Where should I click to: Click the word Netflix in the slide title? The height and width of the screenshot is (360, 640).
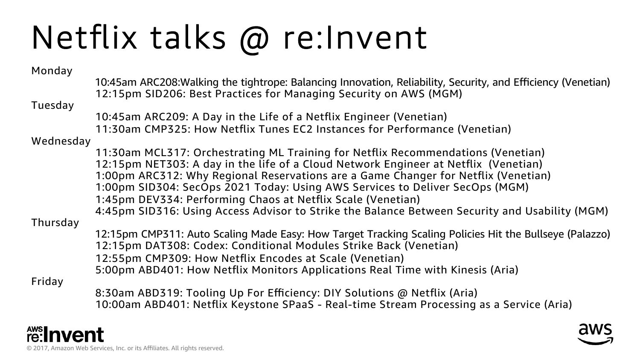tap(84, 38)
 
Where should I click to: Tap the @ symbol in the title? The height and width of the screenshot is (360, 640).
tap(254, 40)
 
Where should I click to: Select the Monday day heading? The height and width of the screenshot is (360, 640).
tap(52, 71)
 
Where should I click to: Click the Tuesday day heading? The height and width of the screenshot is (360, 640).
tap(52, 105)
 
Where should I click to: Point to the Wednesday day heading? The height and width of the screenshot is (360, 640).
tap(61, 141)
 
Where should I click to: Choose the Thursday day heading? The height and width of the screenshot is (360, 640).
tap(55, 223)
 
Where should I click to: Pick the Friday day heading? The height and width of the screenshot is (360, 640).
tap(47, 282)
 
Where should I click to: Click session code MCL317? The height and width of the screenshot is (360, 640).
tap(167, 153)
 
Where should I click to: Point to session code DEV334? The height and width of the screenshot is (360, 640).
tap(160, 200)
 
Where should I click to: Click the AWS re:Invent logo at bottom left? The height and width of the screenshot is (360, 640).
tap(65, 334)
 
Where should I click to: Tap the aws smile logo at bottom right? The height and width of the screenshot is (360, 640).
tap(596, 334)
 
